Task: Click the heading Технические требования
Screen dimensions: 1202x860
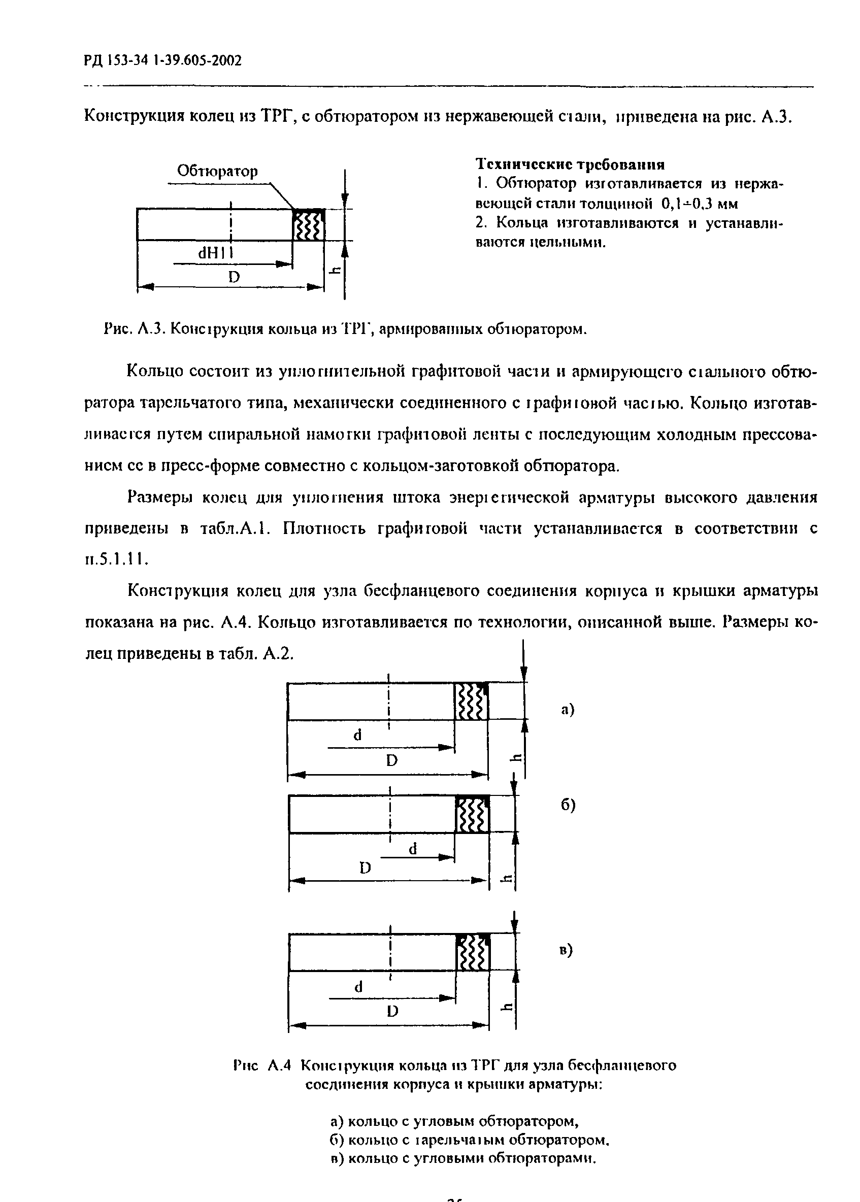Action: point(570,164)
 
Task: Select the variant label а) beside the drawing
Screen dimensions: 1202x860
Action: point(568,710)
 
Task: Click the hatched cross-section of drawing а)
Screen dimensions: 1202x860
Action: point(471,701)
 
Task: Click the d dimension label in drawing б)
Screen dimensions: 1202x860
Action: point(413,849)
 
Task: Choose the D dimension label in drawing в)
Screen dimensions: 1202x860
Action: point(392,1011)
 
